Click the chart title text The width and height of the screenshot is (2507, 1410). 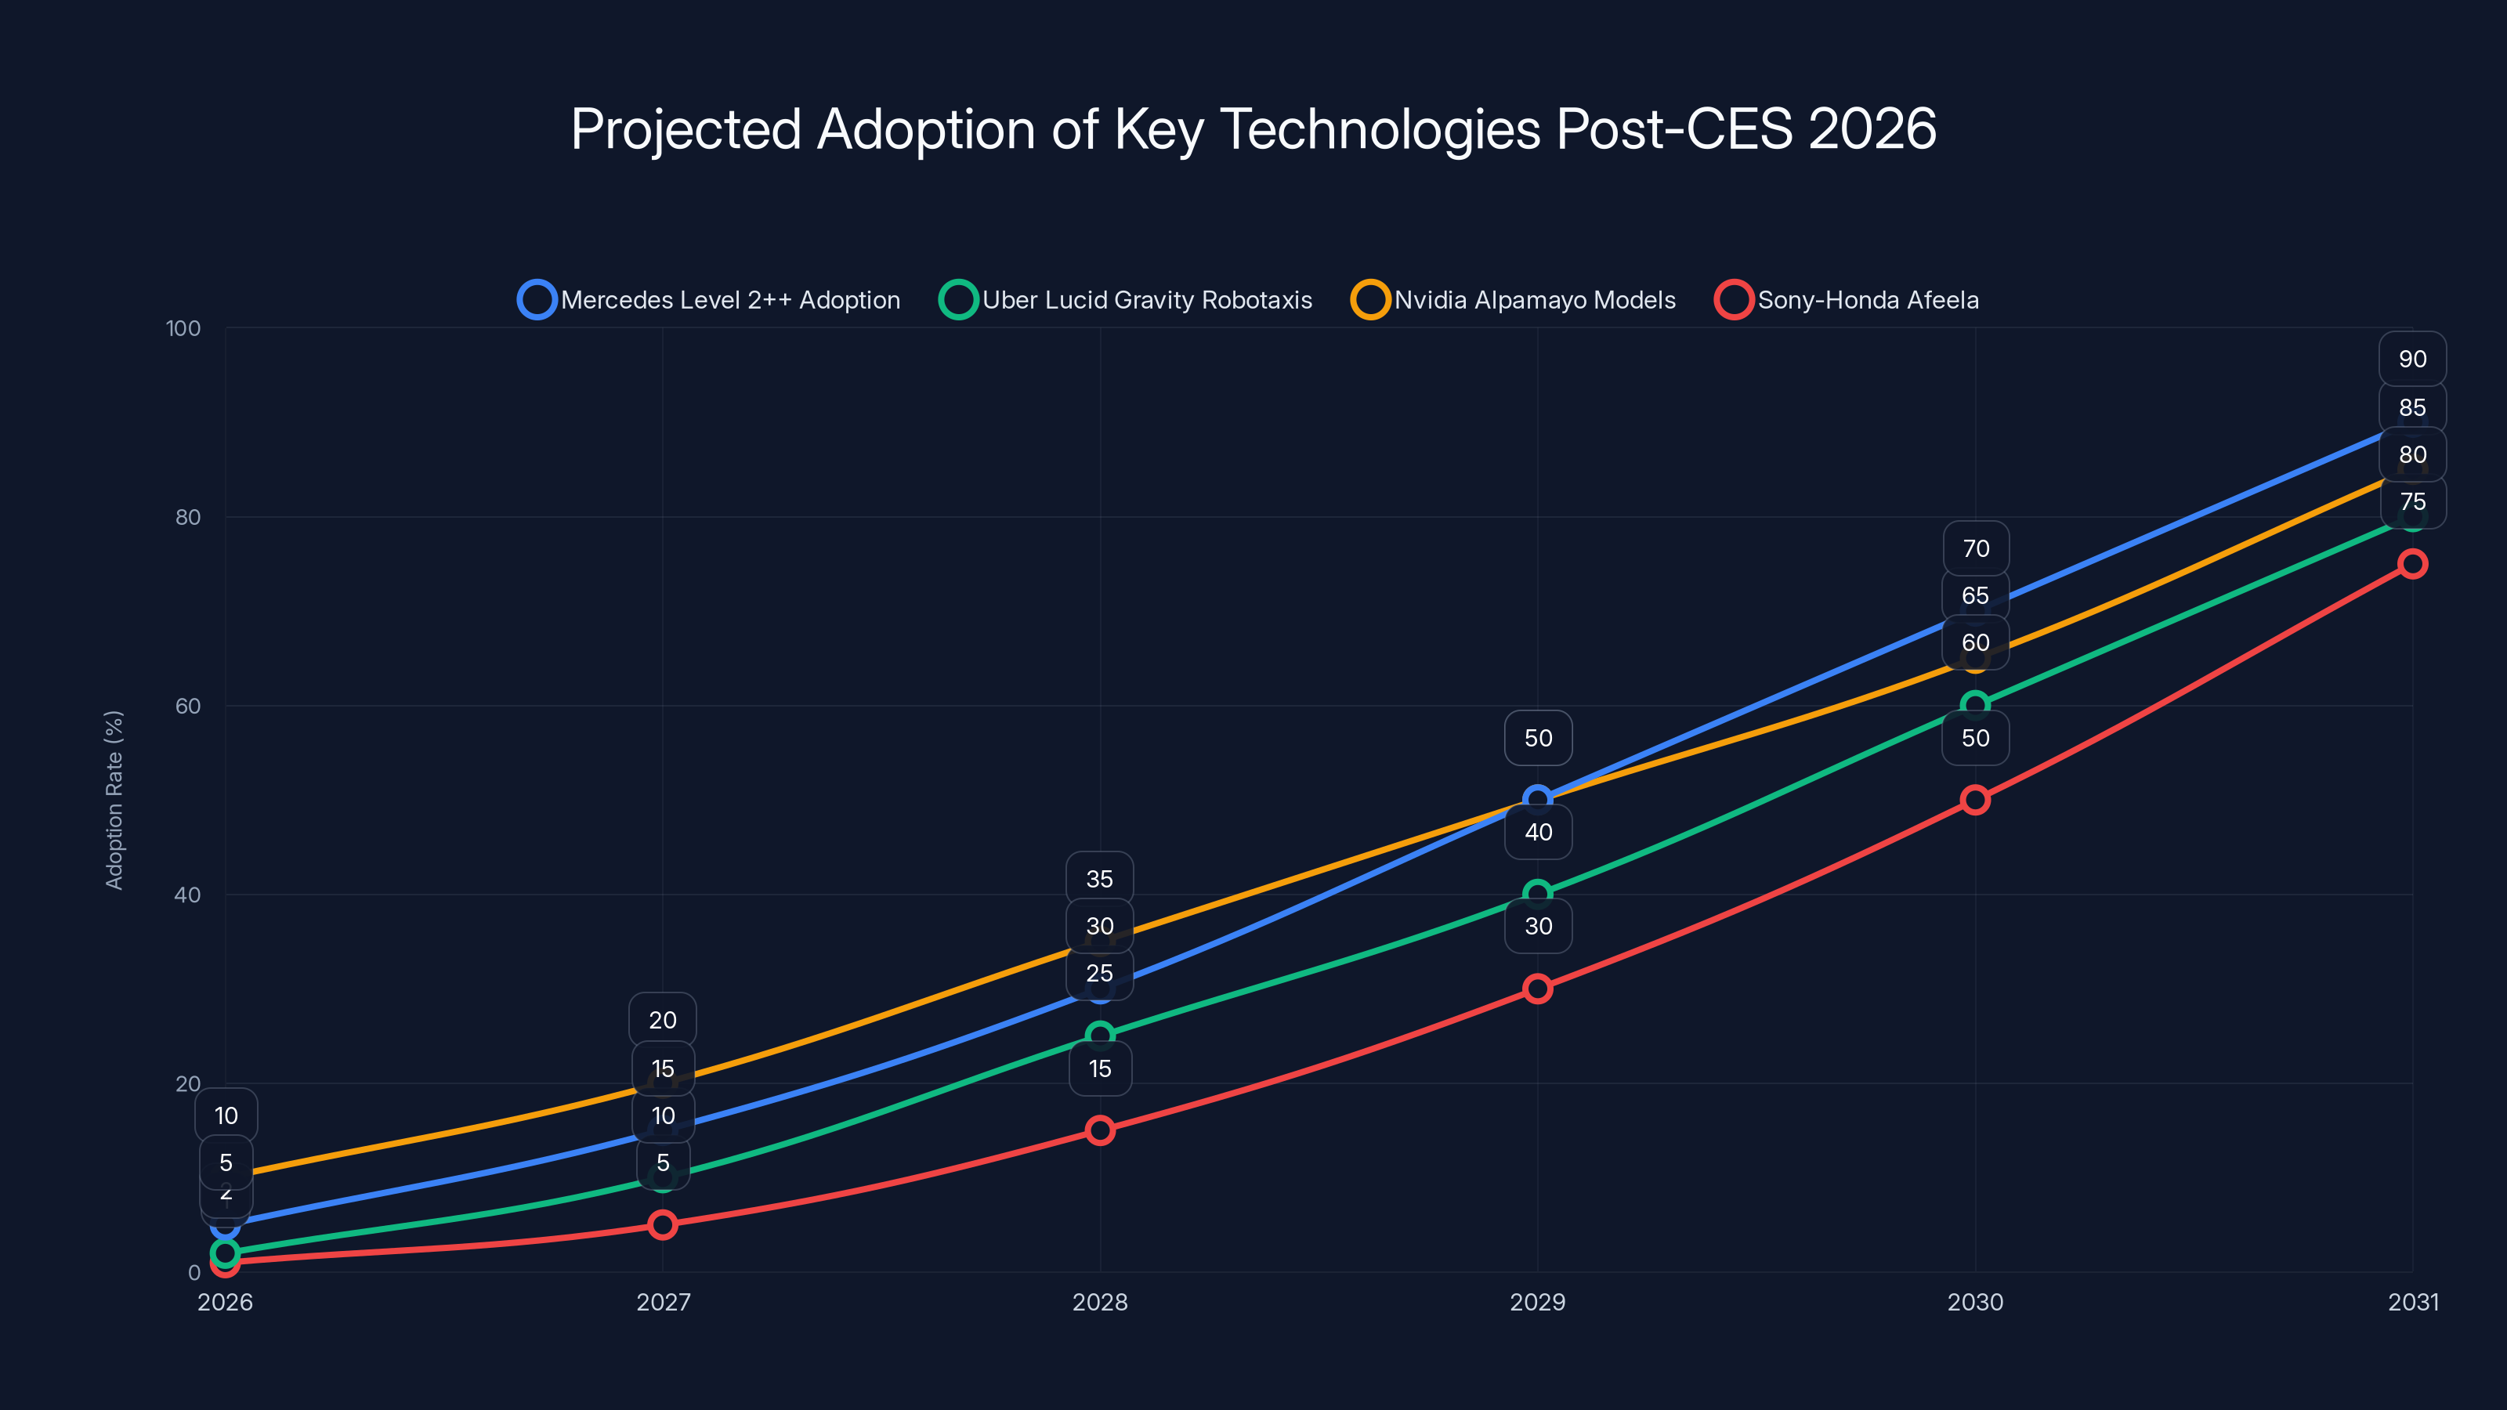click(1253, 128)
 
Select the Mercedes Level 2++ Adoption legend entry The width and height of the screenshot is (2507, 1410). click(711, 300)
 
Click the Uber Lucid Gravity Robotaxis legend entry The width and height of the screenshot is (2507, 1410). click(1127, 300)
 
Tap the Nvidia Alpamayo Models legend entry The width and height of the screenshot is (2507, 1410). click(1514, 300)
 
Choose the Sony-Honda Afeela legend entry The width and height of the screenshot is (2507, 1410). click(1848, 300)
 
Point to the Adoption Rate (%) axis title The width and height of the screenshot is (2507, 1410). click(114, 800)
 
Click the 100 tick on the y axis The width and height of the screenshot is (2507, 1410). click(183, 328)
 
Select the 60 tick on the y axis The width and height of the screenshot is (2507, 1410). click(188, 706)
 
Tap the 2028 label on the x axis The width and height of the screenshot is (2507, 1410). click(1100, 1302)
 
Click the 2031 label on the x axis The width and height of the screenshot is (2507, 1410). click(2413, 1302)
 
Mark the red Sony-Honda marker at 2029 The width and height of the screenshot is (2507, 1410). click(1538, 989)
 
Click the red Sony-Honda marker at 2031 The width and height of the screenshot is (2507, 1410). click(2413, 563)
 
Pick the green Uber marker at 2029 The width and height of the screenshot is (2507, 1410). click(1538, 893)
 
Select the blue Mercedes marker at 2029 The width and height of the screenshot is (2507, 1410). click(1538, 799)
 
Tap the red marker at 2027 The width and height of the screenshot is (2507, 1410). click(663, 1224)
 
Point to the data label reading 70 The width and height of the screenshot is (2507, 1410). click(1976, 549)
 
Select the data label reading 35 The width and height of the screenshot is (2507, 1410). click(1100, 879)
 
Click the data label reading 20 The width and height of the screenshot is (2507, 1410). click(663, 1020)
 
